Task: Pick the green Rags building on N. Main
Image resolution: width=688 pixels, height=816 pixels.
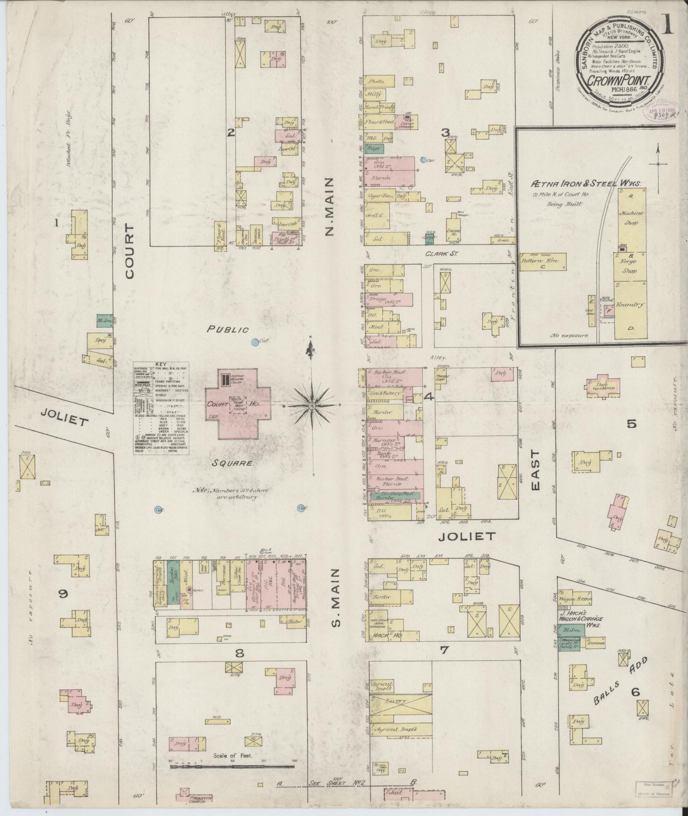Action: pos(374,148)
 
